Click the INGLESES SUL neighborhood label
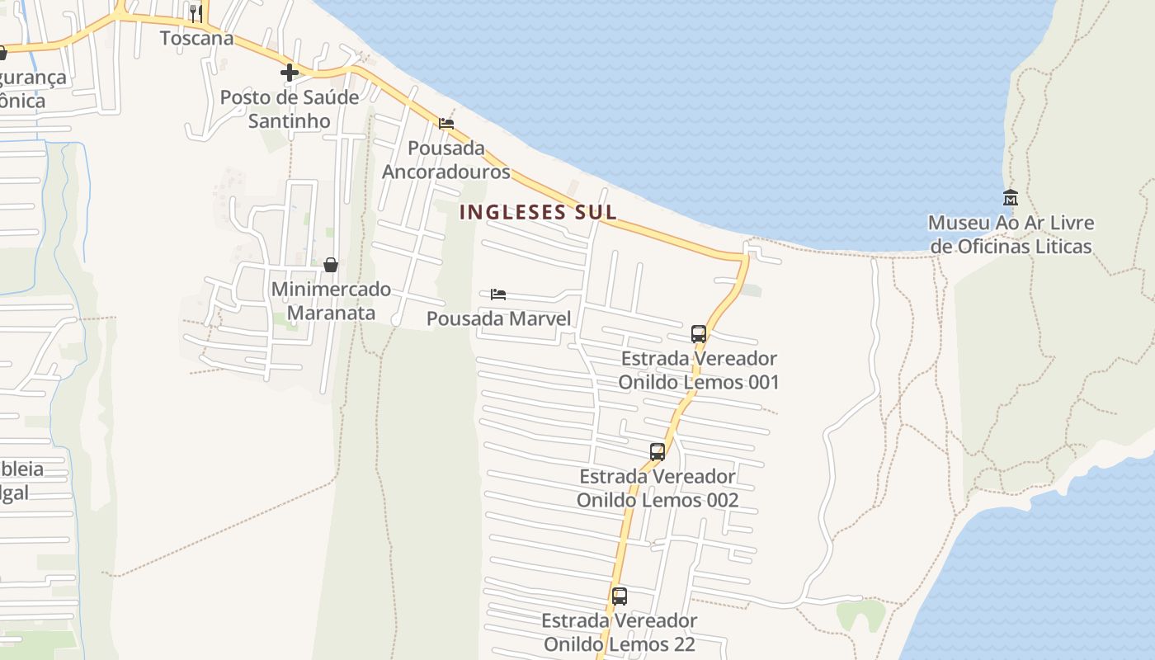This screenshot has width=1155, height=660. click(x=538, y=212)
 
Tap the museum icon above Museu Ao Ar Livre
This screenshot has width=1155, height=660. click(x=1011, y=197)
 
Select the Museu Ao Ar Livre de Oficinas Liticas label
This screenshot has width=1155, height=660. click(x=1011, y=234)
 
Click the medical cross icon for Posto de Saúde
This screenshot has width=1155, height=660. click(x=289, y=73)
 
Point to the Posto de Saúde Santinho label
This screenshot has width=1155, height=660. click(x=290, y=109)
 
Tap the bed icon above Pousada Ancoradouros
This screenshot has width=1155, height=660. click(x=446, y=124)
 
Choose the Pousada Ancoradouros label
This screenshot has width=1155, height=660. click(x=445, y=160)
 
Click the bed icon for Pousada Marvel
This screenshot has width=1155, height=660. click(x=497, y=295)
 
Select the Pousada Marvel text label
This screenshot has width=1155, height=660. click(x=498, y=318)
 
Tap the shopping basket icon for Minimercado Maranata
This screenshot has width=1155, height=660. click(x=331, y=265)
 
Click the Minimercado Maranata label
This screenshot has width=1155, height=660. click(x=331, y=301)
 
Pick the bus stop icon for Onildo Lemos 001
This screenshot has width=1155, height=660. click(x=699, y=334)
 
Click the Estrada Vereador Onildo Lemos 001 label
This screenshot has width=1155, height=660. click(x=699, y=370)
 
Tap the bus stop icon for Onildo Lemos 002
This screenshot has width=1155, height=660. click(x=658, y=452)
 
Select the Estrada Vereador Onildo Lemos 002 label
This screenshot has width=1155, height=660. click(x=658, y=488)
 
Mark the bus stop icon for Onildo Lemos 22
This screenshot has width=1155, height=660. click(x=620, y=596)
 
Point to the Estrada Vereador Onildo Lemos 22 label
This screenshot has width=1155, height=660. click(x=620, y=632)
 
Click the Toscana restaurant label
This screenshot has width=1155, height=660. click(x=196, y=38)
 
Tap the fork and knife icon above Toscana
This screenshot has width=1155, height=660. click(x=196, y=13)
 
